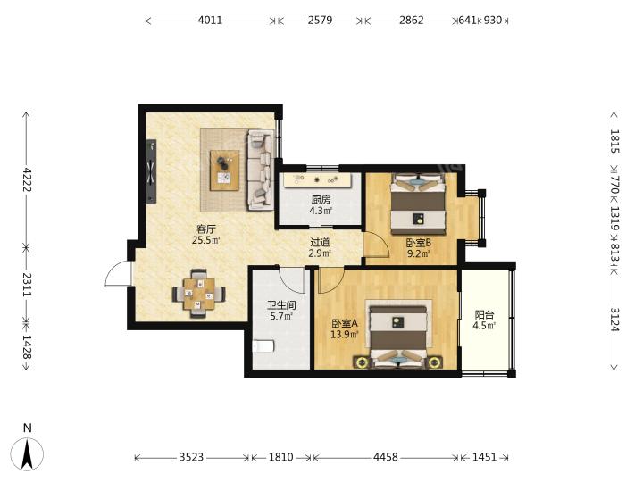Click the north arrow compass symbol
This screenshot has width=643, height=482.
pos(27,453)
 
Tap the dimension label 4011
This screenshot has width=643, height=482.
pos(210,20)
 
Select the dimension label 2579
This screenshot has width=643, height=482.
pos(320,20)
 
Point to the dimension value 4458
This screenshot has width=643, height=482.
pos(386,457)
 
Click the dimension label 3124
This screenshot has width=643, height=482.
pos(614,320)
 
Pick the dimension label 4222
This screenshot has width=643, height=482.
pos(27,179)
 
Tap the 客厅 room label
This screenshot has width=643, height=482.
pos(206,229)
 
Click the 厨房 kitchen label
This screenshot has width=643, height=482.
pos(321,200)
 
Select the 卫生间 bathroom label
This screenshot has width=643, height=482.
pos(281,305)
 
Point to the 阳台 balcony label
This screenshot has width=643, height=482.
pos(484,315)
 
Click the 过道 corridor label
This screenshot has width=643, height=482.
pos(320,243)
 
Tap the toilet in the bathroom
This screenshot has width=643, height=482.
pos(263,346)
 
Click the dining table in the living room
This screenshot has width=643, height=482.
pos(199,294)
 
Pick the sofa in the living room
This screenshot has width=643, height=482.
pos(260,170)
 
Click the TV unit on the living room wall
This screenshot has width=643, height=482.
pos(152,171)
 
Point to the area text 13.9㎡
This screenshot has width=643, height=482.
pos(345,335)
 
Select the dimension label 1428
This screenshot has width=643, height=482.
pos(27,347)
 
